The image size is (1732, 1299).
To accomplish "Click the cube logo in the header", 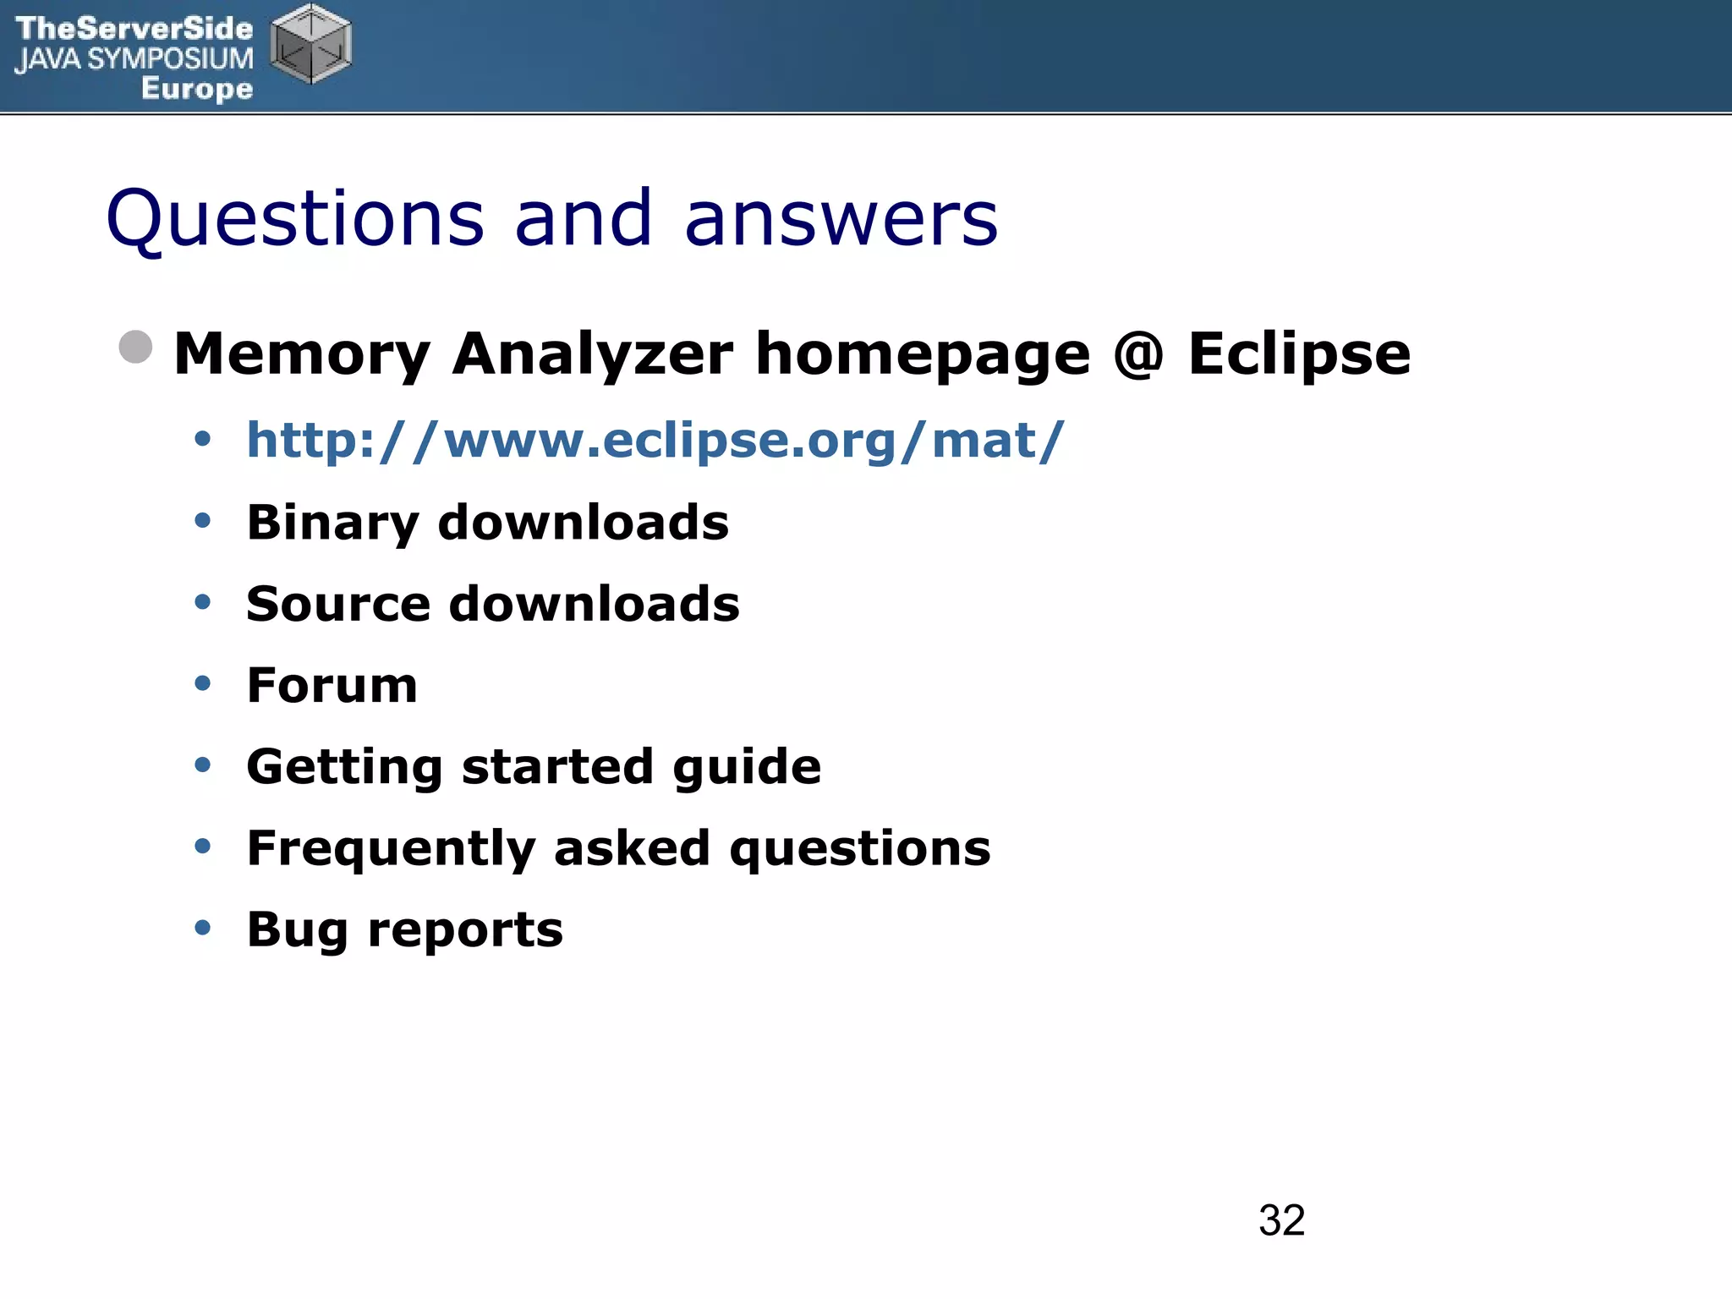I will coord(310,44).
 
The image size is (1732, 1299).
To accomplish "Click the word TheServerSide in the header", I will coord(134,28).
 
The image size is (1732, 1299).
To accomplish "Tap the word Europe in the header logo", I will coord(197,88).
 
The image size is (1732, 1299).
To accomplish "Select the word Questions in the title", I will coord(295,218).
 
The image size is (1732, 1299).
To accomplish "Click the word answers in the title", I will coord(841,218).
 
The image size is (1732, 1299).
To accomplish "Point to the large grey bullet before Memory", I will coord(135,347).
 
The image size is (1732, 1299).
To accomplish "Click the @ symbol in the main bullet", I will coord(1138,354).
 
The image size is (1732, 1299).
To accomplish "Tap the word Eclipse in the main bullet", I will coord(1299,354).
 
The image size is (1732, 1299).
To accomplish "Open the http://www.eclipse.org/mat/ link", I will coord(655,441).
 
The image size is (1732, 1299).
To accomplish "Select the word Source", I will coord(338,604).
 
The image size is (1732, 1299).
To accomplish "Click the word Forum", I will coord(332,685).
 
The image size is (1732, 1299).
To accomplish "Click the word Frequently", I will coord(390,848).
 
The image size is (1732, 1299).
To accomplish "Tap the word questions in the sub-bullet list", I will coord(859,848).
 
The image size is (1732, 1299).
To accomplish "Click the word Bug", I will coord(297,930).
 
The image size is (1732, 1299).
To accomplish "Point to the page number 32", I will coord(1281,1220).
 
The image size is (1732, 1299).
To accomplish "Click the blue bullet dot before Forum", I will coord(202,683).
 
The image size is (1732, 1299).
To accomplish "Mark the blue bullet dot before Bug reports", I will coord(202,928).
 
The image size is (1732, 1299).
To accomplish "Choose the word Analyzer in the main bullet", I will coord(593,354).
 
